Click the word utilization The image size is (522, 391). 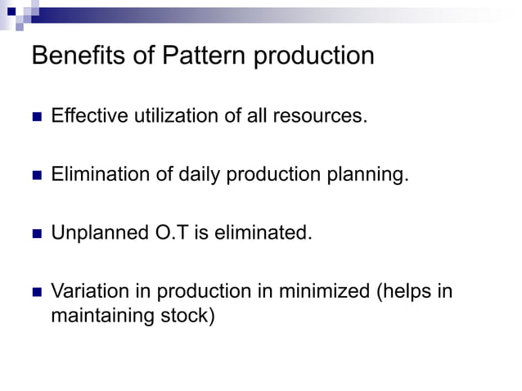[175, 116]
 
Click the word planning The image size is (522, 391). [369, 175]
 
